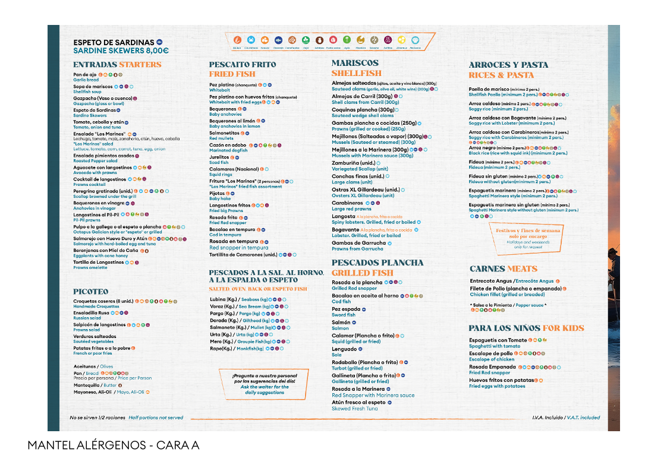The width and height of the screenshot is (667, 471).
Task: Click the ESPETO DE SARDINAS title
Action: click(x=114, y=42)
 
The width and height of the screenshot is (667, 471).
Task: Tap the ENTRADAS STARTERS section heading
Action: click(x=117, y=64)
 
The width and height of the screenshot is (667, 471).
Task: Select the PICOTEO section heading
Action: click(x=91, y=292)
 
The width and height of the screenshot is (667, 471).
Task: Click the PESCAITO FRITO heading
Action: click(x=243, y=64)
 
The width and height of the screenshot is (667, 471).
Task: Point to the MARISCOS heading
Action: click(x=355, y=63)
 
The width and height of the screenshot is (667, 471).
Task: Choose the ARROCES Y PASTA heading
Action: click(x=508, y=65)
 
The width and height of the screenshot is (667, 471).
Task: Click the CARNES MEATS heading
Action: click(x=503, y=268)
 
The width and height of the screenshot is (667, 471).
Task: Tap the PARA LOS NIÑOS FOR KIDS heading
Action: click(x=526, y=328)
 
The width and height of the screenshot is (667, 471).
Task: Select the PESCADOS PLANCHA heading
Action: click(x=377, y=263)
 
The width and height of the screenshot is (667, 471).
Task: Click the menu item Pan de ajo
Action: click(x=86, y=75)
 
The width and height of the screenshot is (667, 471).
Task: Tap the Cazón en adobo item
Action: click(x=228, y=144)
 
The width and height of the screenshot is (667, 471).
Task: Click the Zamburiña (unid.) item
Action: click(x=353, y=163)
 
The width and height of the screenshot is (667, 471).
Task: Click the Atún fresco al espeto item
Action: click(x=358, y=402)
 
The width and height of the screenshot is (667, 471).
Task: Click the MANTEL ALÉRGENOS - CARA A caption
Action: click(x=113, y=445)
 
